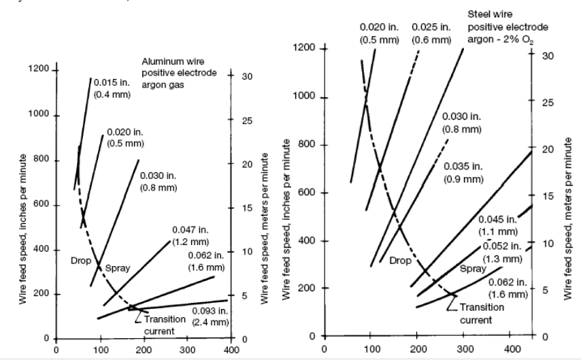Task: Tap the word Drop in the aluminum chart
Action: click(80, 260)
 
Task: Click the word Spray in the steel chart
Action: click(474, 269)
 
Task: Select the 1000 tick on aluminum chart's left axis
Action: click(38, 115)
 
